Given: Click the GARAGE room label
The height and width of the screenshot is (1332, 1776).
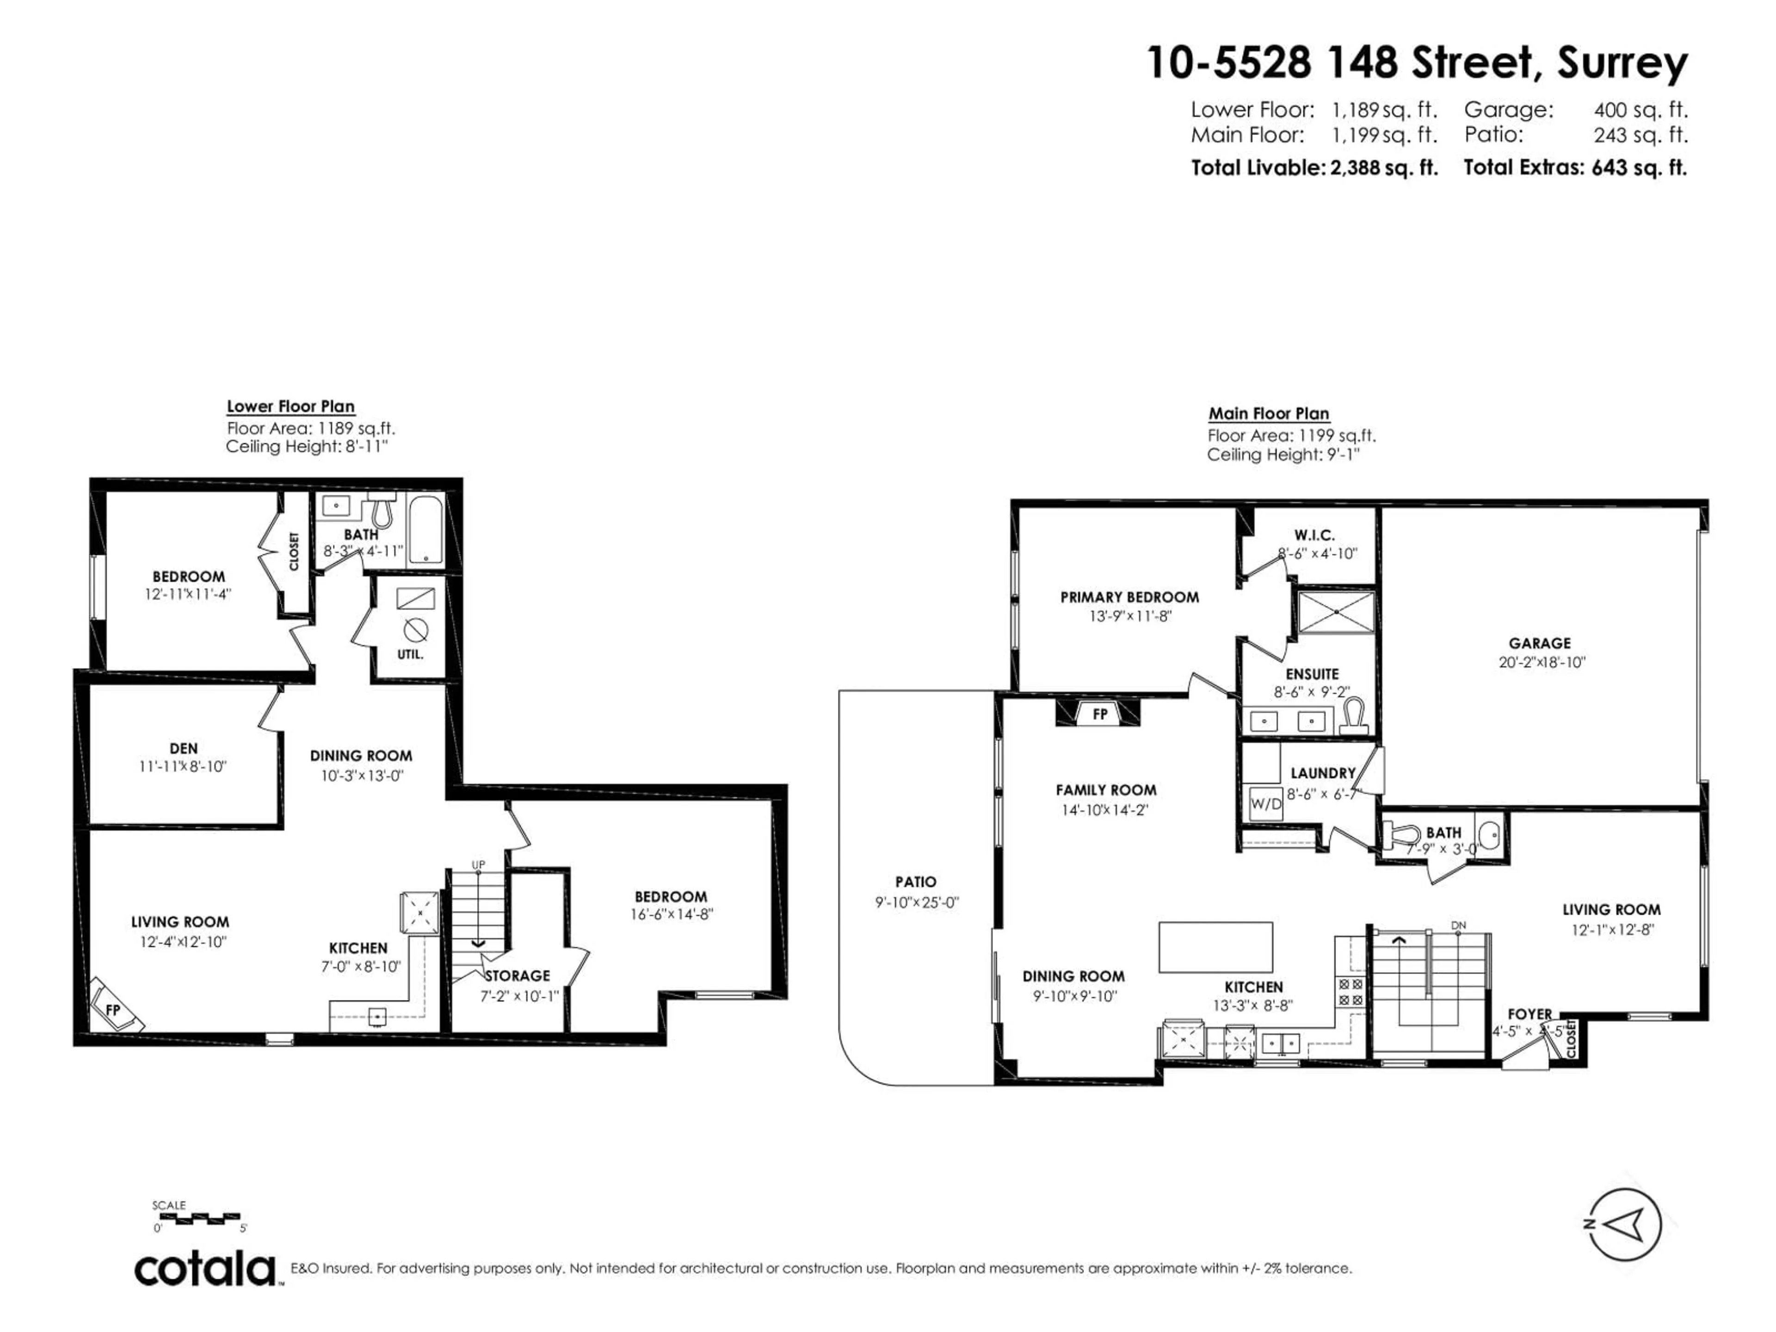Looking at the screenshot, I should point(1539,643).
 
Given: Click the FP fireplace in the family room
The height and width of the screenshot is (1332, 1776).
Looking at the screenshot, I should point(1100,714).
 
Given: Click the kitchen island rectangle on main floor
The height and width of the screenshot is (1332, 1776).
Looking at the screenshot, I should point(1215,947).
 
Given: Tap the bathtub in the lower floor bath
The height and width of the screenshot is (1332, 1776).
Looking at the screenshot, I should point(425,530).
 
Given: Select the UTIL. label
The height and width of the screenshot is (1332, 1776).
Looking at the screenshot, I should point(410,654).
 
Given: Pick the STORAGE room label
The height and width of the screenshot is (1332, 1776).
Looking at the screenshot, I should point(517,975).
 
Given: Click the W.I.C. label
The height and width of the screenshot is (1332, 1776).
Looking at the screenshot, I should point(1314,535).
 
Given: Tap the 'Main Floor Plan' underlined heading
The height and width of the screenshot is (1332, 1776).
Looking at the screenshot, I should point(1269,413).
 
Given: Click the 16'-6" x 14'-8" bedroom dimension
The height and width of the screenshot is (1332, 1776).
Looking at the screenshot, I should point(671,914).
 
